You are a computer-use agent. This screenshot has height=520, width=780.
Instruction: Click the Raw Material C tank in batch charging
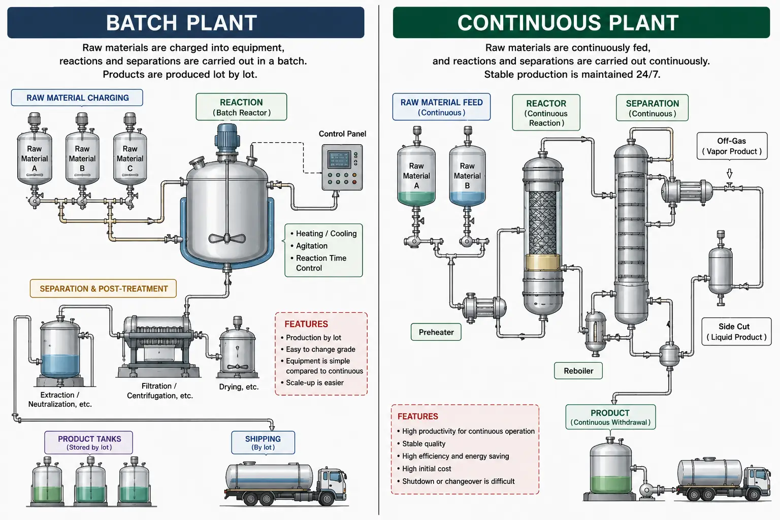point(130,158)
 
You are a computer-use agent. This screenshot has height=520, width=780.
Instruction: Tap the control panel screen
point(339,160)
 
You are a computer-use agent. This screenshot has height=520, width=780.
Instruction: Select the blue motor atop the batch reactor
point(227,137)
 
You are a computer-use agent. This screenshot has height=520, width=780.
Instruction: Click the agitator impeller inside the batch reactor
point(227,239)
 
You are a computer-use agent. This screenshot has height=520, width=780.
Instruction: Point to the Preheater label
point(436,332)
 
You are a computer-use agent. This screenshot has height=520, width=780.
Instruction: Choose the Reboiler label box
point(578,371)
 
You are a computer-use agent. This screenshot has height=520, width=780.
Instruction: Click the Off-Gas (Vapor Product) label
point(732,146)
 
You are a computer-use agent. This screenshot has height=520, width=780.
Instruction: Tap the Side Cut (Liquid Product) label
point(736,332)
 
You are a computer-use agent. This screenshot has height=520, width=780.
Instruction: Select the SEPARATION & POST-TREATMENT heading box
point(104,288)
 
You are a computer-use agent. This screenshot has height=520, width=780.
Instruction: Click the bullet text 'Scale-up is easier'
point(315,382)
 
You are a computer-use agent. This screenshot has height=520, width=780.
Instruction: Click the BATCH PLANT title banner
point(185,23)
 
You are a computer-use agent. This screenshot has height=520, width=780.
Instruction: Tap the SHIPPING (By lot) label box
point(263,443)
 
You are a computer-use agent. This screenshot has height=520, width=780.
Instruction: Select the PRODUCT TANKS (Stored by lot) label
point(89,443)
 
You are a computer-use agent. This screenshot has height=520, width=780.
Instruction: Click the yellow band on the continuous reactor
point(542,262)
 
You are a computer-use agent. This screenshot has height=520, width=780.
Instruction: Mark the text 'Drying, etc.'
point(239,386)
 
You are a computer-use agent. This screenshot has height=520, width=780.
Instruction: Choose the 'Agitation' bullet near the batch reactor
point(312,246)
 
